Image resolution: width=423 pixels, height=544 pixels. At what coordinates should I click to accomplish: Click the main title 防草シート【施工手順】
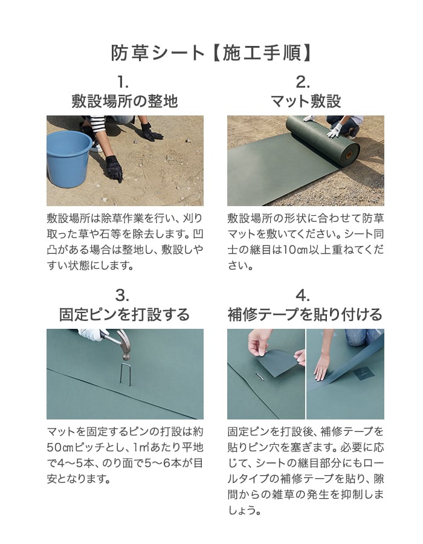[211, 53]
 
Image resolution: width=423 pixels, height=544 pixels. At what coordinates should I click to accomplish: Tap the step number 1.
[123, 82]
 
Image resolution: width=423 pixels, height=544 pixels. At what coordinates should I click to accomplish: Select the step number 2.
[303, 82]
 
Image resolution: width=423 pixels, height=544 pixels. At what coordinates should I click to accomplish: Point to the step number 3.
[123, 296]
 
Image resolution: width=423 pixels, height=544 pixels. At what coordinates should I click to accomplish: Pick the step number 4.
[303, 296]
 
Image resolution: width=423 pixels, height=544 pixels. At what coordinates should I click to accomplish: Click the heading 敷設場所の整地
[125, 101]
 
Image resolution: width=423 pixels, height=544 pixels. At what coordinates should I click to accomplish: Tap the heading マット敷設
[306, 101]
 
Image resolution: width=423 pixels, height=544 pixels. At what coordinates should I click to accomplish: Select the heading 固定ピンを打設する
[124, 314]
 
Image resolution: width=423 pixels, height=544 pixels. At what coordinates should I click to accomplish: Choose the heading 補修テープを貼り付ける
[305, 314]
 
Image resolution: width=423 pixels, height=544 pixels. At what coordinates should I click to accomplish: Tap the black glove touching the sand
[114, 169]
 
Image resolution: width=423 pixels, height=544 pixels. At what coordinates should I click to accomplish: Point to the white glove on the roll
[335, 130]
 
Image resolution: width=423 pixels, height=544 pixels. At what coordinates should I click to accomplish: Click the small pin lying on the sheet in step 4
[260, 376]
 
